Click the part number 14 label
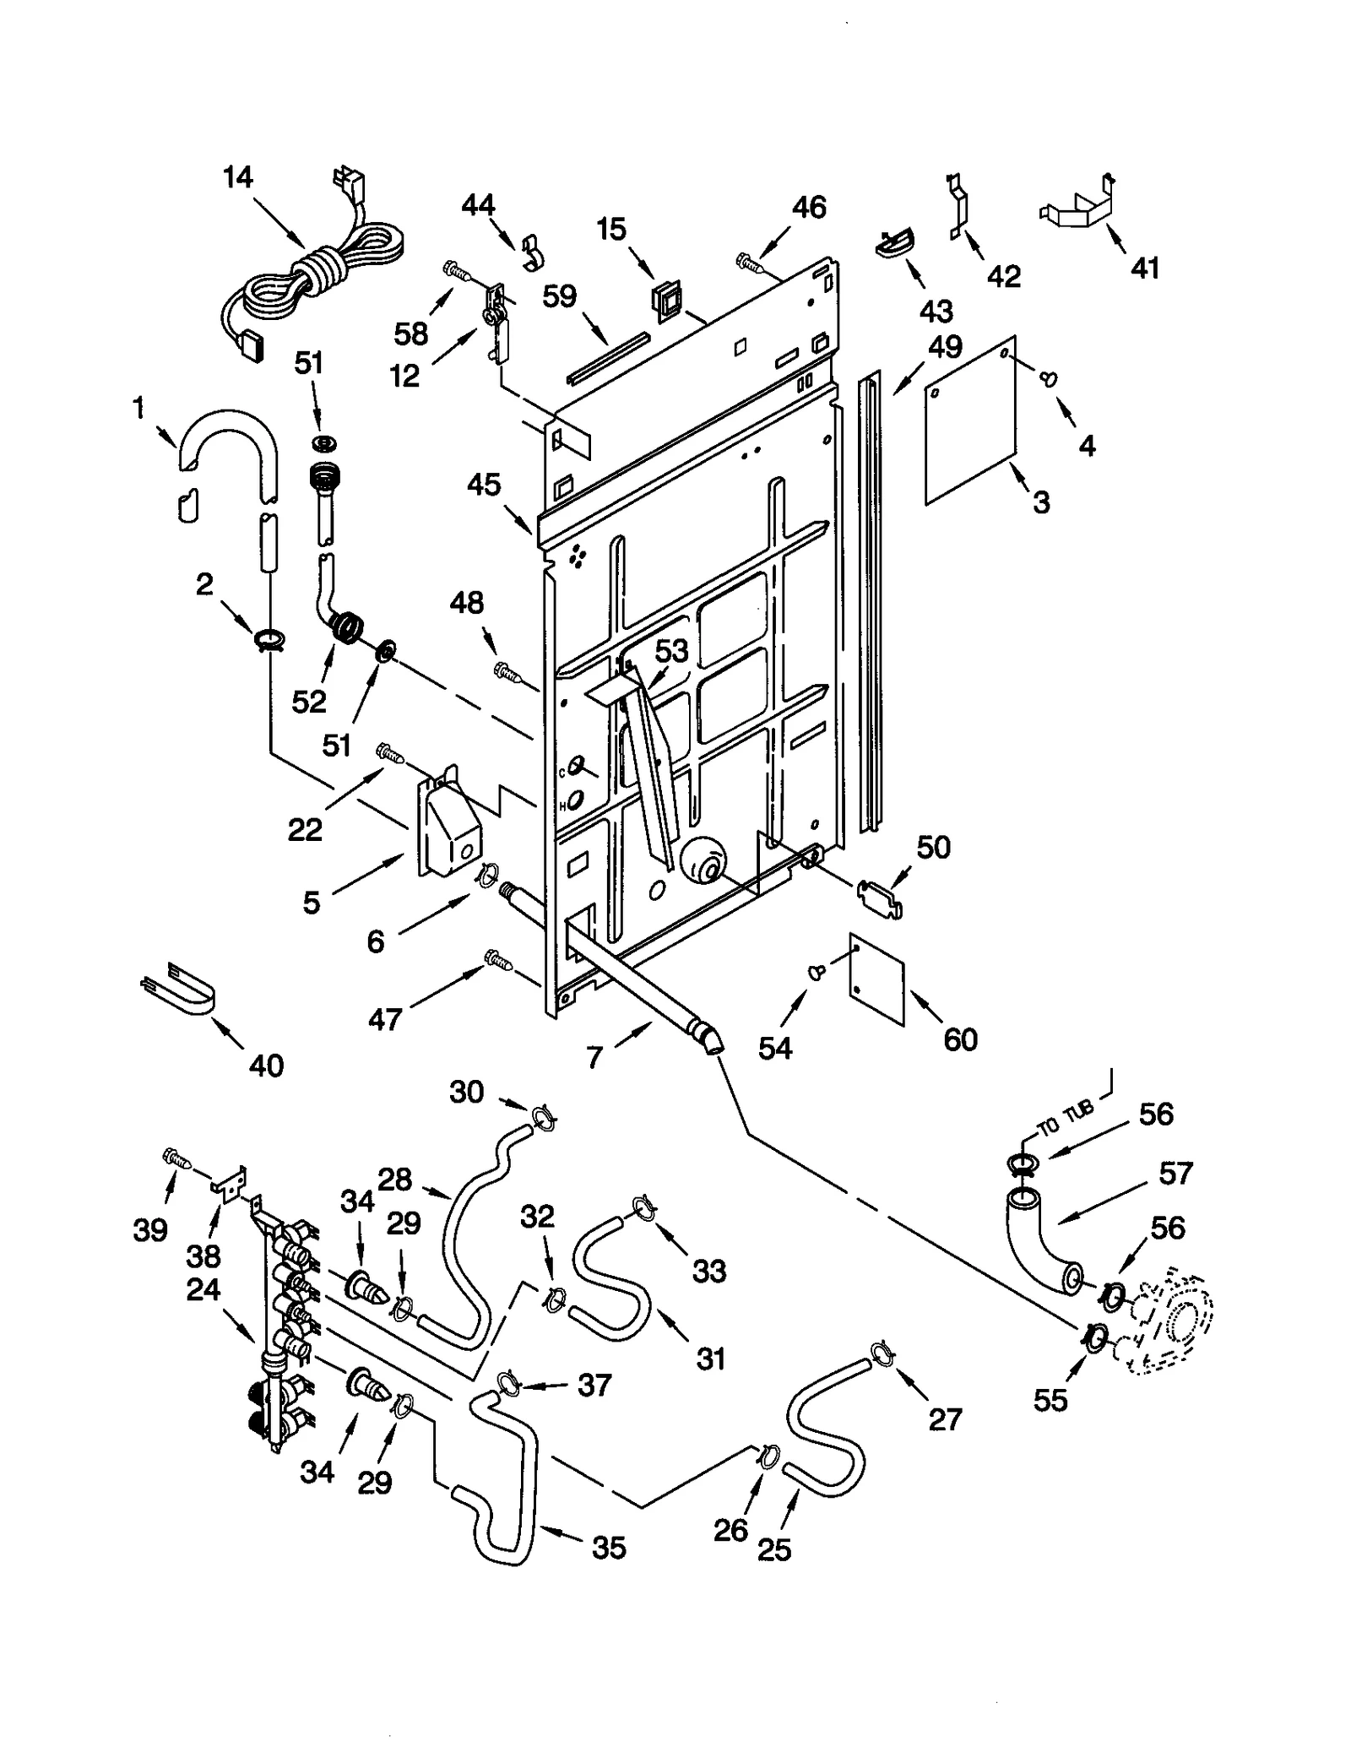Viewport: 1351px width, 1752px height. tap(238, 178)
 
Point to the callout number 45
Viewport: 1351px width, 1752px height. tap(484, 485)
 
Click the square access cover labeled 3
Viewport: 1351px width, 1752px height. tap(970, 420)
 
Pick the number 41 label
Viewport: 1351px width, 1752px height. tap(1144, 268)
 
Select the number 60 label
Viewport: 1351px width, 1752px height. tap(960, 1039)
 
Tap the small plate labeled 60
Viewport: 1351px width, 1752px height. tap(876, 979)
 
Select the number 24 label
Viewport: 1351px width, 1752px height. tap(203, 1289)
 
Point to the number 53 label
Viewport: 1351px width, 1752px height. tap(671, 651)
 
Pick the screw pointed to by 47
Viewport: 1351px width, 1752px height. tap(496, 959)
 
